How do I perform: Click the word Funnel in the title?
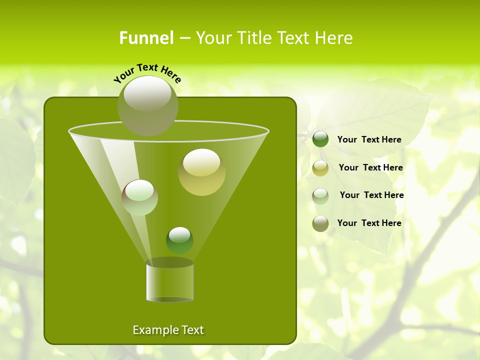tap(146, 38)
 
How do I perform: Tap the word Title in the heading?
tap(250, 38)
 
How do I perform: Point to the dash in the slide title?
tap(184, 38)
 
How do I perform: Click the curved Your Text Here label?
tap(147, 72)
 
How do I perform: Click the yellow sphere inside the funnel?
tap(201, 171)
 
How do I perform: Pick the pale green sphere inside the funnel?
tap(139, 197)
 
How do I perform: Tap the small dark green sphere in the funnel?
tap(179, 240)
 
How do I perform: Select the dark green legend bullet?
tap(320, 139)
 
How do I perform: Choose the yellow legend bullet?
tap(320, 167)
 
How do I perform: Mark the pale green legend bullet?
tap(320, 195)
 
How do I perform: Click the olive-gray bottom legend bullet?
tap(320, 223)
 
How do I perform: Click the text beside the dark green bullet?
tap(369, 139)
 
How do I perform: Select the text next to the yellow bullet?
tap(370, 167)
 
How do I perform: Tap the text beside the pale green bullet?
tap(371, 195)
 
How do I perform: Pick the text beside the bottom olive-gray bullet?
tap(369, 223)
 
